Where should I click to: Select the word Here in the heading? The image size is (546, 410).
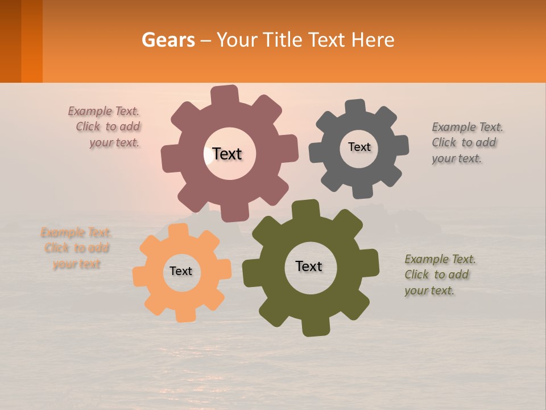pos(373,40)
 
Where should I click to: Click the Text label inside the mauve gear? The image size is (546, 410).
pos(227,154)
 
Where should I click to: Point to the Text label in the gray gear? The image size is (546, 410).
pos(359,147)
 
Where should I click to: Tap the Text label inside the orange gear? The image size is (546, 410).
pos(181,271)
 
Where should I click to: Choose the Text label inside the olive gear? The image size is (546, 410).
pos(309,266)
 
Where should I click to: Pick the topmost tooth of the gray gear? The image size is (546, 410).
pos(355,106)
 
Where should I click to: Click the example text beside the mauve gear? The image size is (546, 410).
pos(108,127)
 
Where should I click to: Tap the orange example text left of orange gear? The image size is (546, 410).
pos(76,248)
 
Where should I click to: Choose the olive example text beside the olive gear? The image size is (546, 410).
pos(439,274)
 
